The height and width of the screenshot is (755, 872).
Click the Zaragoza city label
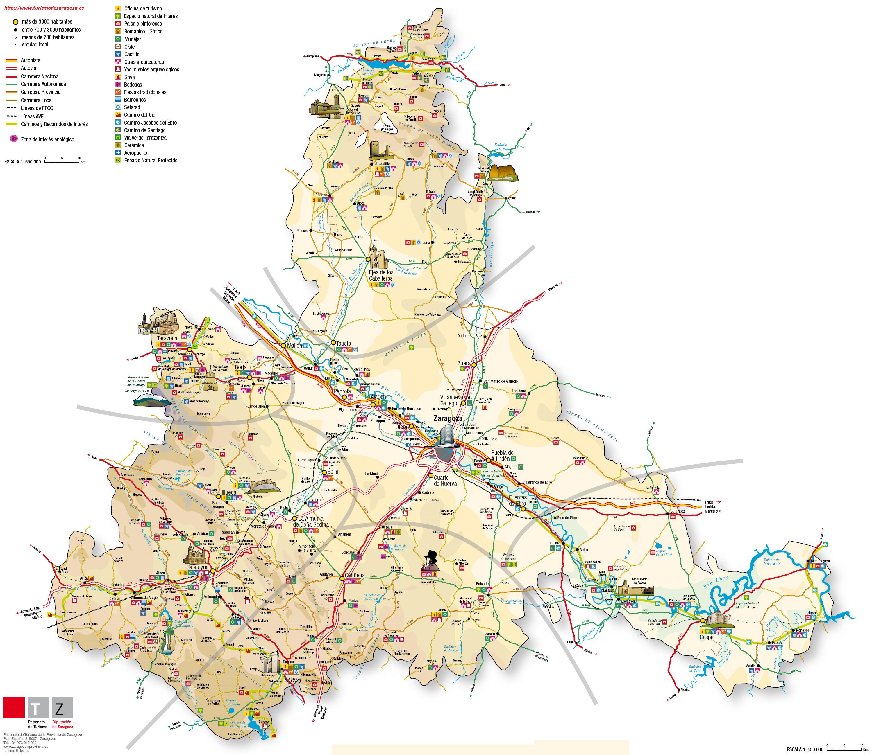[x=448, y=418]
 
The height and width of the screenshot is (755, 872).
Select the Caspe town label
[x=707, y=637]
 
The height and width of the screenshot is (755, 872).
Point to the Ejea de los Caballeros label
[x=380, y=276]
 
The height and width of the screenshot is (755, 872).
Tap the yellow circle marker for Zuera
[x=474, y=365]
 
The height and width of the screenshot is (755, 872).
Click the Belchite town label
[x=482, y=583]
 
